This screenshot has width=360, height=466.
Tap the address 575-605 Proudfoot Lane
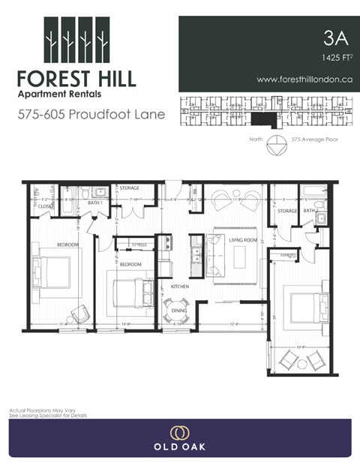point(91,116)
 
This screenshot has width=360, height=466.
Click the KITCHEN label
point(179,287)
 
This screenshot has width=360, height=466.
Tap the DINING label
point(179,309)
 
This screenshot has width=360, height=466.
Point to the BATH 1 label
point(95,203)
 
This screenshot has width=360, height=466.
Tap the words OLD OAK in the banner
point(179,447)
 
